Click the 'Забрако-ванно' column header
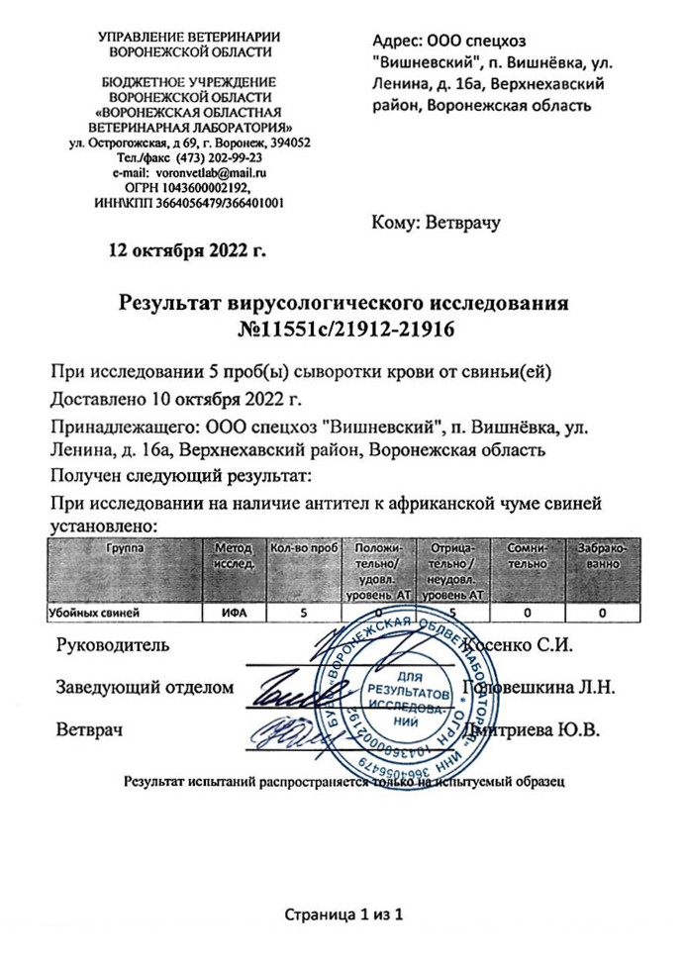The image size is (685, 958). click(602, 555)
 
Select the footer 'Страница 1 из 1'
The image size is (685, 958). click(342, 913)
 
